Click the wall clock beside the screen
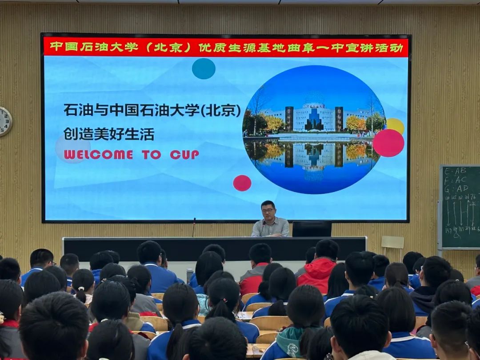click(x=5, y=121)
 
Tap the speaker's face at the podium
click(x=268, y=211)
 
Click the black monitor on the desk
click(x=312, y=229)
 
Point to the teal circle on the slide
click(x=204, y=69)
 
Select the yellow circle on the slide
click(x=395, y=125)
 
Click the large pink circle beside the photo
click(x=388, y=143)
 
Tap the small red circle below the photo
click(x=242, y=183)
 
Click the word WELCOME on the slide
click(x=98, y=155)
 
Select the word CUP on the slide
click(x=184, y=155)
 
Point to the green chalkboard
click(x=460, y=207)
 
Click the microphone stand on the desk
click(x=194, y=227)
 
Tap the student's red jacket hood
click(x=317, y=269)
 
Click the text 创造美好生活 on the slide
click(x=109, y=134)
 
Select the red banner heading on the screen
click(x=225, y=48)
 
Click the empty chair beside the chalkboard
click(x=392, y=244)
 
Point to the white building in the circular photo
click(x=314, y=116)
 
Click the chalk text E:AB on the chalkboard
click(x=455, y=170)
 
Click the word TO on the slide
click(x=152, y=155)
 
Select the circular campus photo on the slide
click(x=314, y=129)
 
